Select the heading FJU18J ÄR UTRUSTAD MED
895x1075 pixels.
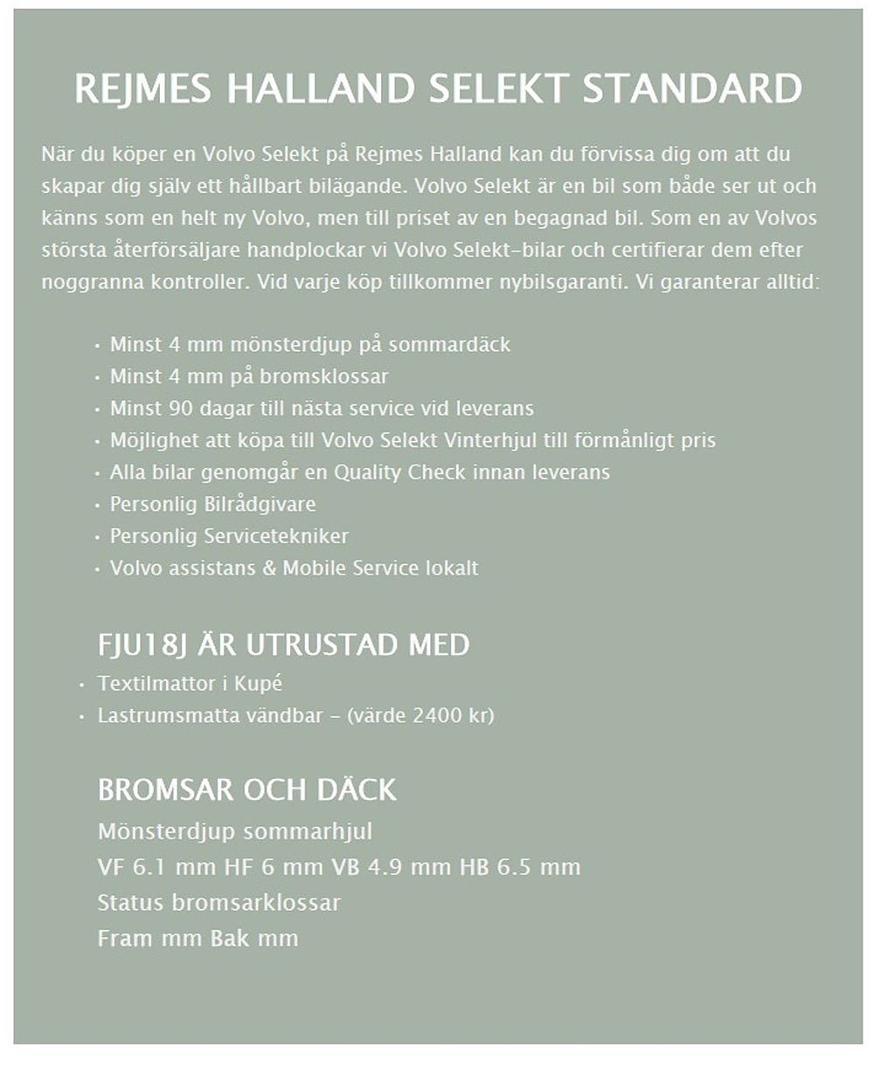click(283, 645)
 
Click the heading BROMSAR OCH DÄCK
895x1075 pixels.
click(246, 790)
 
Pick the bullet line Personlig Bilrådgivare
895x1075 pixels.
click(212, 505)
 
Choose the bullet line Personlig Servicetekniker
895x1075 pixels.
click(228, 536)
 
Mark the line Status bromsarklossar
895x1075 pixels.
click(219, 903)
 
